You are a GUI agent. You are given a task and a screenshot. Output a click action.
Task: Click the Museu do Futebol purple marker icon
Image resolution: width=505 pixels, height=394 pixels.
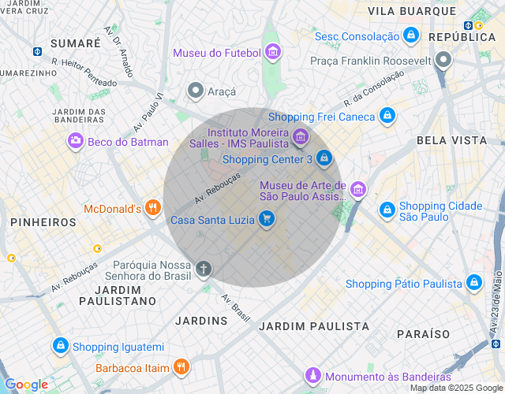tap(272, 53)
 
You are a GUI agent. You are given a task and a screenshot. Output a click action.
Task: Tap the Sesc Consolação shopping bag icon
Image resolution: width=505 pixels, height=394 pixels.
tap(410, 36)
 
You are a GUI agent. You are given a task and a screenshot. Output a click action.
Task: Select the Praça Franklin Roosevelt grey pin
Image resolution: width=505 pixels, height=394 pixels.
tap(443, 60)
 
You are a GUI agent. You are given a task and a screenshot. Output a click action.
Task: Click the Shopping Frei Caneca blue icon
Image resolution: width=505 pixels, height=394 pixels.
tap(386, 117)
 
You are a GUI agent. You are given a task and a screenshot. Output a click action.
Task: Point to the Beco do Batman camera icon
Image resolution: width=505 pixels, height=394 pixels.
tap(75, 142)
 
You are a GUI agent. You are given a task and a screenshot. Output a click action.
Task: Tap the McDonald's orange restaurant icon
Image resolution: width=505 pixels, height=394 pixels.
tap(153, 209)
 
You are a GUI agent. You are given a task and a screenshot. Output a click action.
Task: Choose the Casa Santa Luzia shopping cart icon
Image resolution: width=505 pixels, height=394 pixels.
tap(267, 219)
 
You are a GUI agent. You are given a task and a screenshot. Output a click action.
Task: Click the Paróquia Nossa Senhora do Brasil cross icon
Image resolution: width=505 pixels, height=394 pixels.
tap(204, 269)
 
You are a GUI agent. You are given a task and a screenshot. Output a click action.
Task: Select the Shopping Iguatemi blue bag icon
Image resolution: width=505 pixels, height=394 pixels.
tap(60, 346)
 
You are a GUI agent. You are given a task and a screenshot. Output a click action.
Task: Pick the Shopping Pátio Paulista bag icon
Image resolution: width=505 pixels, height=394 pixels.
tap(473, 283)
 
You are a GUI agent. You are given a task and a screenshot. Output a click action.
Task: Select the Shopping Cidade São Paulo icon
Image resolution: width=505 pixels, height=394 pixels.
tap(387, 210)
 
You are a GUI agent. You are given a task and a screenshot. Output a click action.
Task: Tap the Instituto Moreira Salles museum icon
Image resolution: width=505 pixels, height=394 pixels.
tap(299, 138)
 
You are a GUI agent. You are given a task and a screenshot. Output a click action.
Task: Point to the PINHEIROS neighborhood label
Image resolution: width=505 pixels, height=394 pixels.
tap(43, 223)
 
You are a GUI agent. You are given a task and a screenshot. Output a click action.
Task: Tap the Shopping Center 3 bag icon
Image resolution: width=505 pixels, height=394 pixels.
tap(324, 158)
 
